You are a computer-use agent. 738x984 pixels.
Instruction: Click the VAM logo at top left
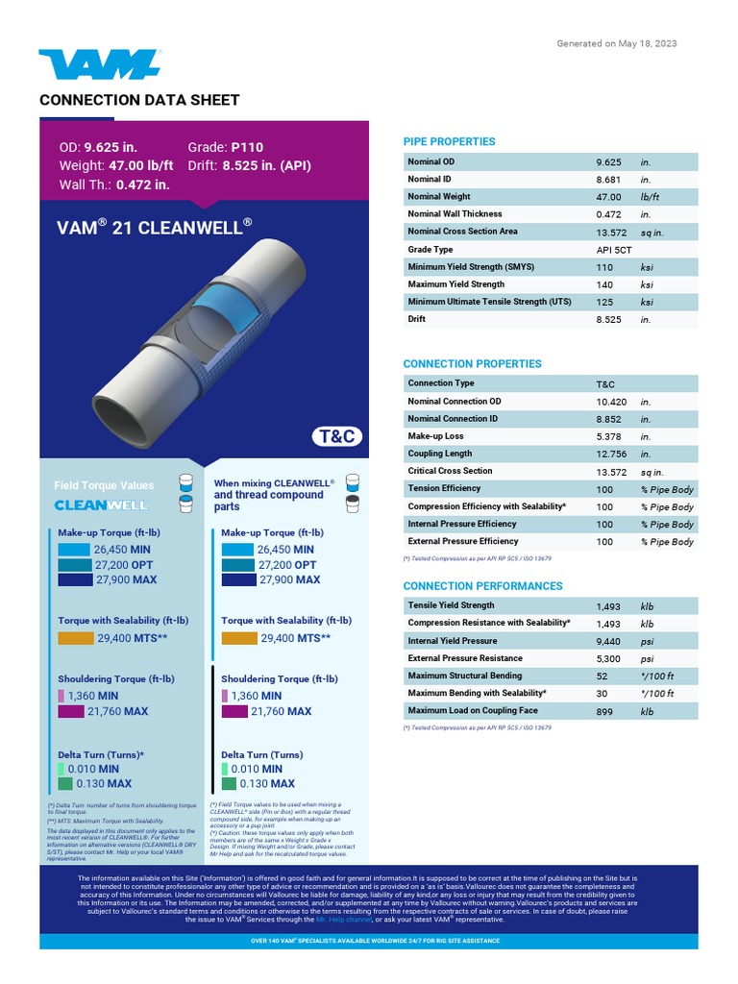point(99,64)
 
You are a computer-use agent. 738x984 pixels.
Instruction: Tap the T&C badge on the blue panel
point(336,436)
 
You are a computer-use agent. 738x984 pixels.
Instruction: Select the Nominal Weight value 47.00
point(608,197)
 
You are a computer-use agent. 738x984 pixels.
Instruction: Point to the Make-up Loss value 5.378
point(607,436)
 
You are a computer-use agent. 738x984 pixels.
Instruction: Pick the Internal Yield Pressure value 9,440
point(608,641)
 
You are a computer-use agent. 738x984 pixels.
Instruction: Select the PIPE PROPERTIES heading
point(449,142)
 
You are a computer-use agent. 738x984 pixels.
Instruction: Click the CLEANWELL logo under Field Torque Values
point(101,504)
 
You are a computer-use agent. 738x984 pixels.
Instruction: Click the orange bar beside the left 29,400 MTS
point(76,638)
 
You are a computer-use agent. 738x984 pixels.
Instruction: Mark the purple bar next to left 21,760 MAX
point(71,712)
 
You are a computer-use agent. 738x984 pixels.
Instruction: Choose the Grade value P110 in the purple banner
point(247,148)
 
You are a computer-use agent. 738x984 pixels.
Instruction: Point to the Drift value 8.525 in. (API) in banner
point(266,166)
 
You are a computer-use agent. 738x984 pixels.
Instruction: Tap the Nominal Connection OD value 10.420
point(611,402)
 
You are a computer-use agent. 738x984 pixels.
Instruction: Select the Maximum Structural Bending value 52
point(602,676)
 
